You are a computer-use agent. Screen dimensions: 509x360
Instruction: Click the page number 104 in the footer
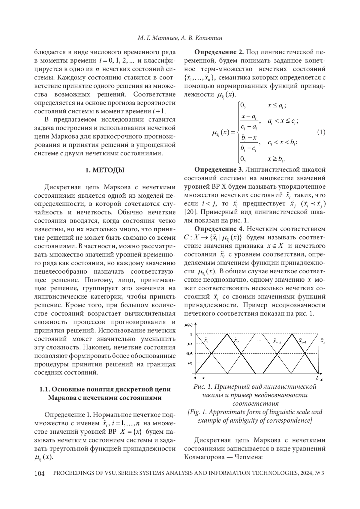(x=40, y=473)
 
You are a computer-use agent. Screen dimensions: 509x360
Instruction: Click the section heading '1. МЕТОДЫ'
(x=105, y=170)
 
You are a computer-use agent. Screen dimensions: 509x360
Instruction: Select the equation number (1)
(x=321, y=132)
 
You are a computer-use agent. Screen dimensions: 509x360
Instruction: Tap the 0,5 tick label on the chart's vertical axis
(x=189, y=353)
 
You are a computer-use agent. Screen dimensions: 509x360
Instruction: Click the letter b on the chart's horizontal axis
(x=317, y=378)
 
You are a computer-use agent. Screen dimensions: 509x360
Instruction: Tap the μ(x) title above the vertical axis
(x=189, y=325)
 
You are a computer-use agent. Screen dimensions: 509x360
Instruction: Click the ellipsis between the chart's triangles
(x=259, y=341)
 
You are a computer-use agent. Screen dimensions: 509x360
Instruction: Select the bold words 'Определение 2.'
(x=219, y=52)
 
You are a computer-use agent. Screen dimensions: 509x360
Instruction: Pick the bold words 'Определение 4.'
(x=219, y=229)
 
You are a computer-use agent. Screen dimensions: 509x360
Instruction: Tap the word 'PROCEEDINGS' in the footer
(x=72, y=473)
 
